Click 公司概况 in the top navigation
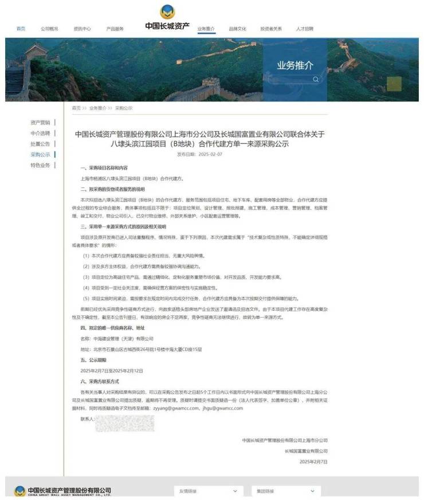pos(50,29)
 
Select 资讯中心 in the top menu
pos(82,29)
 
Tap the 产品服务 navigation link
pos(115,29)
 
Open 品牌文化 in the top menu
pos(237,29)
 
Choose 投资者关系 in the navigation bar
pos(271,29)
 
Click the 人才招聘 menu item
pos(305,29)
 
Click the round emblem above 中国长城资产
pos(167,11)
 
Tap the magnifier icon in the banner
pos(315,79)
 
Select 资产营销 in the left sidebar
pos(40,122)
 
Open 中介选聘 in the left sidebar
pos(40,133)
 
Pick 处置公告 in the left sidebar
pos(40,144)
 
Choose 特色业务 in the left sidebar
pos(40,165)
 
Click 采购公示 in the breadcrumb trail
pos(124,108)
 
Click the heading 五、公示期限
pos(93,360)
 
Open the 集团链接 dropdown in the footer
pos(285,491)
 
